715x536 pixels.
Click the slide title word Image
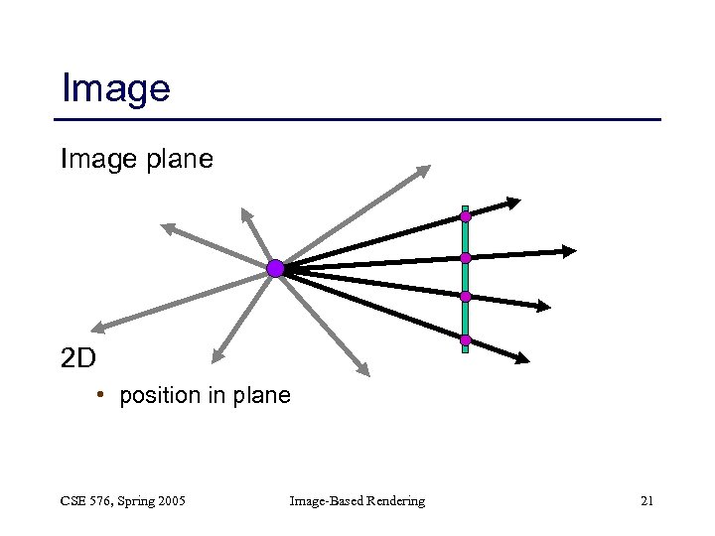(x=115, y=88)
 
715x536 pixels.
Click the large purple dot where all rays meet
(x=275, y=268)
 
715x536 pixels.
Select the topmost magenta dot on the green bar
(x=465, y=215)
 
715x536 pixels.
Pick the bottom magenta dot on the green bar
(x=465, y=340)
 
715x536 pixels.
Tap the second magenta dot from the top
(x=465, y=258)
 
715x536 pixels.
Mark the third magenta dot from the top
(x=465, y=296)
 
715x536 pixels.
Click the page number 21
(x=646, y=501)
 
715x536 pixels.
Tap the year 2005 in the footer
(x=169, y=501)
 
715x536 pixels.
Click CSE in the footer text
(x=74, y=501)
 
